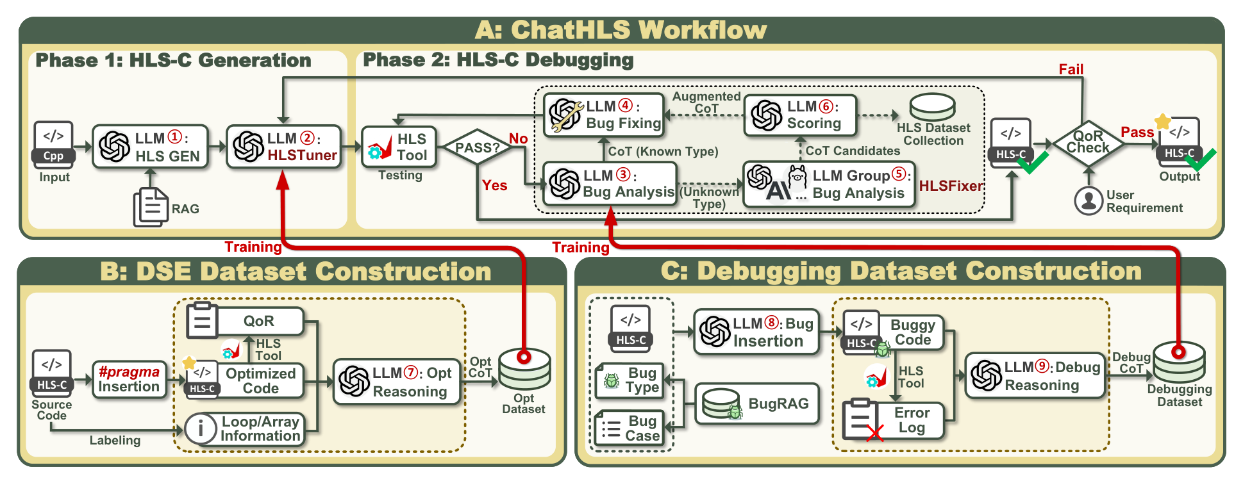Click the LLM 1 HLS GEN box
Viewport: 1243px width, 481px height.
click(x=151, y=147)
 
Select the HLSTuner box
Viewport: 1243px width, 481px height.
click(x=284, y=147)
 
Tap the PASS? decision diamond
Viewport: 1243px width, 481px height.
click(x=477, y=147)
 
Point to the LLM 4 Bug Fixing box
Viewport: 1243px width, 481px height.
click(x=603, y=115)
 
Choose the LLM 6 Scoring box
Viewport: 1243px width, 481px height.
click(x=800, y=115)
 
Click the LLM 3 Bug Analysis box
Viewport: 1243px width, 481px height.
click(x=610, y=184)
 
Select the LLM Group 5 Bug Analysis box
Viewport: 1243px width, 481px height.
click(x=829, y=184)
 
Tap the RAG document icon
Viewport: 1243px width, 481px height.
click(x=151, y=208)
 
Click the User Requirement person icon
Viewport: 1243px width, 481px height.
click(x=1089, y=200)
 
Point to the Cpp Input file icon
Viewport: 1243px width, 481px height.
click(x=53, y=145)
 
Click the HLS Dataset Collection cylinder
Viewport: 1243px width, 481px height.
click(x=933, y=107)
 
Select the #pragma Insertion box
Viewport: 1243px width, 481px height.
click(x=129, y=379)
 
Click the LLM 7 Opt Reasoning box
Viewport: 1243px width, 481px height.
click(x=397, y=382)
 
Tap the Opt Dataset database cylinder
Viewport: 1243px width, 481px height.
click(x=524, y=368)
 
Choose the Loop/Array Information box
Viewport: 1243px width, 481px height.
click(x=244, y=429)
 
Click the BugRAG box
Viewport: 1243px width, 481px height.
click(x=757, y=404)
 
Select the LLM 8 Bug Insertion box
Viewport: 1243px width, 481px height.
click(x=756, y=332)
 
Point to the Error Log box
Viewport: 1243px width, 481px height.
click(x=894, y=421)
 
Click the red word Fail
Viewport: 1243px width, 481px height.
click(x=1071, y=69)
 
